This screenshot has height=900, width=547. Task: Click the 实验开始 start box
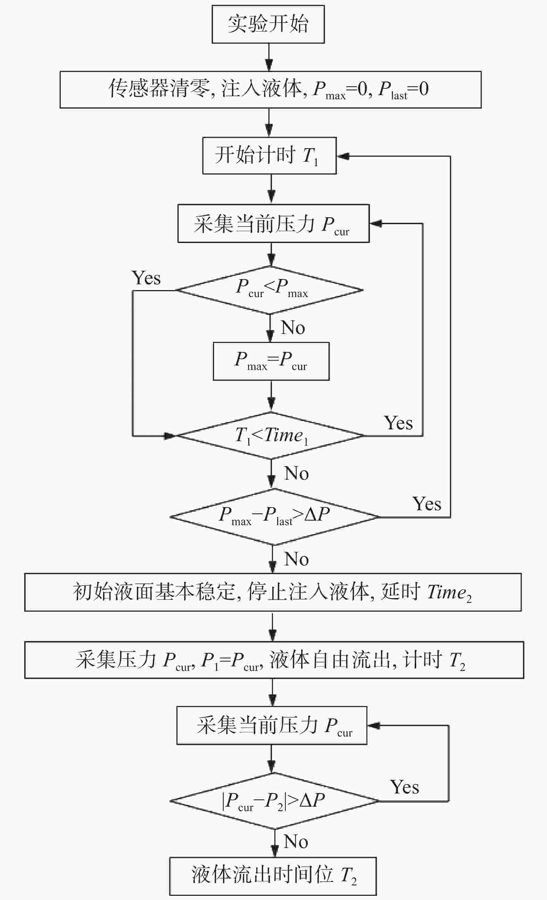pyautogui.click(x=268, y=24)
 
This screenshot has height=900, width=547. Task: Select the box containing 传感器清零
pyautogui.click(x=271, y=90)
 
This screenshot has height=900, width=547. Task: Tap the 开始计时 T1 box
pyautogui.click(x=269, y=155)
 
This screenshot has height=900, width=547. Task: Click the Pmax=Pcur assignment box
pyautogui.click(x=271, y=361)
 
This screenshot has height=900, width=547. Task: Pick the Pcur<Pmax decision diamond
pyautogui.click(x=270, y=290)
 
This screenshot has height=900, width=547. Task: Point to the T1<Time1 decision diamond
pyautogui.click(x=271, y=435)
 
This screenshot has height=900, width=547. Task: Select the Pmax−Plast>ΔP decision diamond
pyautogui.click(x=275, y=517)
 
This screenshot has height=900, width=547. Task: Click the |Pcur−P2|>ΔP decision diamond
pyautogui.click(x=274, y=801)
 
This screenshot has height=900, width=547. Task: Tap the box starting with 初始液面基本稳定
pyautogui.click(x=273, y=592)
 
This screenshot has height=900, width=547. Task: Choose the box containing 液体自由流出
pyautogui.click(x=274, y=660)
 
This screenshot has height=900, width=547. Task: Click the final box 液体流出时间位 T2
pyautogui.click(x=273, y=876)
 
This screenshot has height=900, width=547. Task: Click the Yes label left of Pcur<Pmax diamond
pyautogui.click(x=146, y=278)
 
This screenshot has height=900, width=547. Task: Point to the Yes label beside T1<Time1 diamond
pyautogui.click(x=398, y=423)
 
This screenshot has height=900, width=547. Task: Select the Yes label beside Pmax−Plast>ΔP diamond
pyautogui.click(x=427, y=504)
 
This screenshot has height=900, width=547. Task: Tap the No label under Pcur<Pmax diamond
pyautogui.click(x=293, y=327)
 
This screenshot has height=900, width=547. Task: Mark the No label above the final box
pyautogui.click(x=296, y=842)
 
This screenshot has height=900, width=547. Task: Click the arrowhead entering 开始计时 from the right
pyautogui.click(x=343, y=156)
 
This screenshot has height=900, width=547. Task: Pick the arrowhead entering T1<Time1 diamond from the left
pyautogui.click(x=170, y=436)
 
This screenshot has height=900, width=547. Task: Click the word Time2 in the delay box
pyautogui.click(x=449, y=592)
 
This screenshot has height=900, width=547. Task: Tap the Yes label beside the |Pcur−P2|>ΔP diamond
pyautogui.click(x=405, y=787)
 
